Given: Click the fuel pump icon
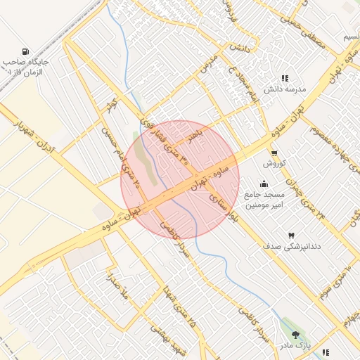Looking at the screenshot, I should tap(26, 51).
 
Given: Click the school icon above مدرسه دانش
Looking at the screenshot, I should tap(284, 79).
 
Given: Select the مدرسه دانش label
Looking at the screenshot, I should tap(283, 90).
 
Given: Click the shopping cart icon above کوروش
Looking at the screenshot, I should tap(274, 153).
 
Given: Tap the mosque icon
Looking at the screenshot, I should tap(264, 184).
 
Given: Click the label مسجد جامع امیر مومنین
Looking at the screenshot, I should tap(264, 200).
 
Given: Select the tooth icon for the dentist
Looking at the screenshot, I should tap(290, 235).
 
